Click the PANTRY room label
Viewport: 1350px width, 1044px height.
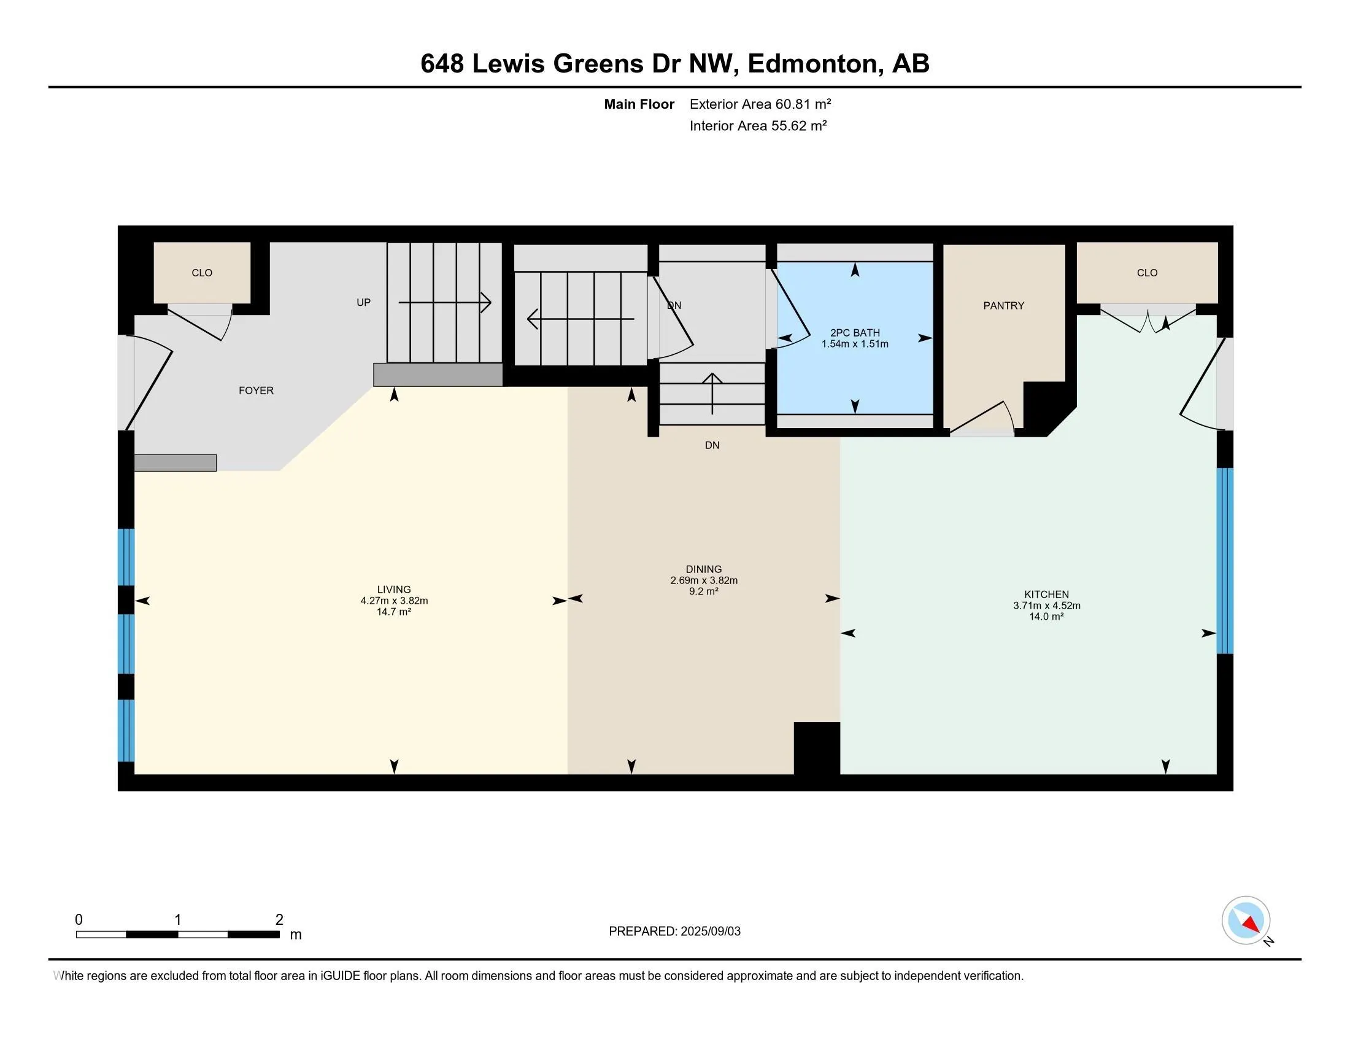(x=1003, y=306)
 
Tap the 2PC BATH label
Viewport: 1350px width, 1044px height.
(x=854, y=333)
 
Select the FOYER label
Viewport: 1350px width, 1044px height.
(x=256, y=390)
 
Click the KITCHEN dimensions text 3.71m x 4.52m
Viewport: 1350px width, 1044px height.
(x=1046, y=606)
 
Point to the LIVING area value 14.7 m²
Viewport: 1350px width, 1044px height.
(x=394, y=612)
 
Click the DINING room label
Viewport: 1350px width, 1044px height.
(x=703, y=569)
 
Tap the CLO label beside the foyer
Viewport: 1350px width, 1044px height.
(x=201, y=273)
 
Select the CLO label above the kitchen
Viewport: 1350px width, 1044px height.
(x=1147, y=273)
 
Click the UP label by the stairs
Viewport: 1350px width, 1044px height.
(x=363, y=302)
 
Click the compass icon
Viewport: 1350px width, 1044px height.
(x=1245, y=920)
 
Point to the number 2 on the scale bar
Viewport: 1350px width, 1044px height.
(x=279, y=920)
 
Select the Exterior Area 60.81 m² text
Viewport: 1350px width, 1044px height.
(x=760, y=104)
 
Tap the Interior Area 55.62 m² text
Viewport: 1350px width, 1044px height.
(x=758, y=125)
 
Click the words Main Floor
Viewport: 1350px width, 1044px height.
(x=639, y=104)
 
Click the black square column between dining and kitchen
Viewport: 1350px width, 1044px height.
(x=816, y=747)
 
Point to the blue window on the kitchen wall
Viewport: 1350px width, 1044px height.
(x=1224, y=560)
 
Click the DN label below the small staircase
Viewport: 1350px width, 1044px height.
(x=711, y=445)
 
